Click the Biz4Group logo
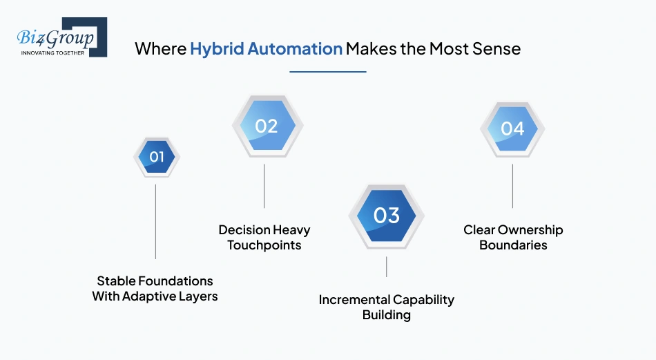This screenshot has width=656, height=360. (x=61, y=36)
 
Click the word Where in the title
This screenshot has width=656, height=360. (x=160, y=49)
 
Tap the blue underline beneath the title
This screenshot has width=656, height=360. (x=327, y=71)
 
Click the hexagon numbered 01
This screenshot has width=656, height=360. (x=157, y=157)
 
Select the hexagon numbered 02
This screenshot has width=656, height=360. (x=266, y=126)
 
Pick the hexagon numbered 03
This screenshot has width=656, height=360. (x=386, y=216)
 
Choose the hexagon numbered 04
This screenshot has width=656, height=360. (x=512, y=129)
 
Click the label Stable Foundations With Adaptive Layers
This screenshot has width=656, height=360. (x=155, y=289)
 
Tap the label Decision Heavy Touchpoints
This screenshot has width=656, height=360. (x=264, y=237)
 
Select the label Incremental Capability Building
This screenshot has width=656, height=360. (x=386, y=307)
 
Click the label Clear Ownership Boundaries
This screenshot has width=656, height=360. (x=513, y=237)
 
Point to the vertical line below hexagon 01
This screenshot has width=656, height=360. (x=155, y=221)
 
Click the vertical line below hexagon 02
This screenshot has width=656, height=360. (x=264, y=185)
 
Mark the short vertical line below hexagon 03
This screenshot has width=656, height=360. (x=386, y=267)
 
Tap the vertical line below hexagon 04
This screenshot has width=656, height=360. (x=512, y=185)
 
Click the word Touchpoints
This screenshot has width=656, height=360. (x=264, y=245)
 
